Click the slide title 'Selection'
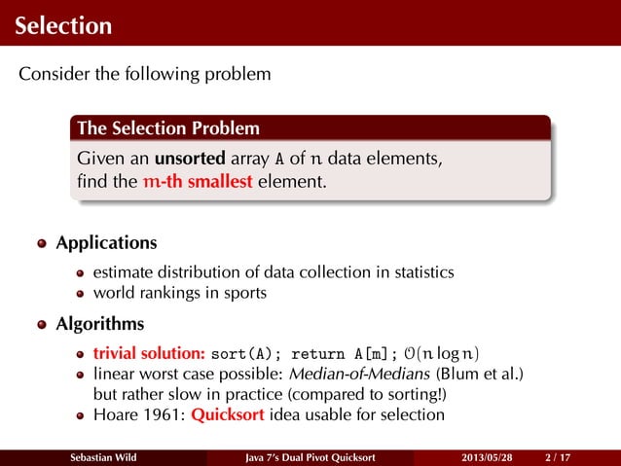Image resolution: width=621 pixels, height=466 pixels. [x=62, y=24]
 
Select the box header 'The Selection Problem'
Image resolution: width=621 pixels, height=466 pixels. [x=168, y=128]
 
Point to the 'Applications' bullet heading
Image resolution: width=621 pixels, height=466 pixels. [x=106, y=241]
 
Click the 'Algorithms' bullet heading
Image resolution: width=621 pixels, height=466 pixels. [x=100, y=322]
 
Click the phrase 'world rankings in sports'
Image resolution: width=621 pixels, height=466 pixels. [x=179, y=292]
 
